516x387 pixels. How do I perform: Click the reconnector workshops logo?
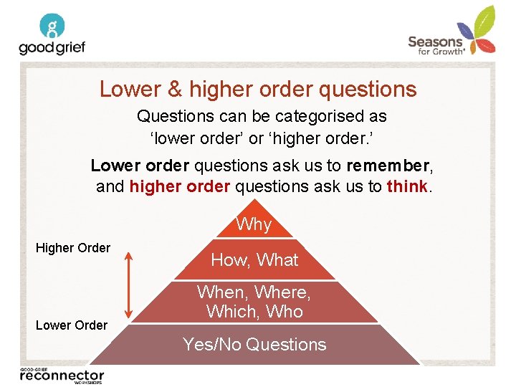[62, 375]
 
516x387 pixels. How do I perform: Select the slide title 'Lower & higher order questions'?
[258, 89]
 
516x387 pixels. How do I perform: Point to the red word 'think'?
[407, 186]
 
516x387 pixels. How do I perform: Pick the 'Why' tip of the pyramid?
[254, 224]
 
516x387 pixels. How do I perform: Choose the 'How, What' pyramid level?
[254, 259]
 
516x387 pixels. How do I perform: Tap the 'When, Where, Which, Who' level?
[254, 302]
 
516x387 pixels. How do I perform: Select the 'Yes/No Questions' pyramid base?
[254, 345]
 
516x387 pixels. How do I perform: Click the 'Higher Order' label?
[73, 248]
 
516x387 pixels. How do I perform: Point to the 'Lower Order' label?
[72, 325]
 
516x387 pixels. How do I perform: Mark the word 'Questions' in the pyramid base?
[285, 345]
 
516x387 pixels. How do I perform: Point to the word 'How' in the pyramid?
[229, 259]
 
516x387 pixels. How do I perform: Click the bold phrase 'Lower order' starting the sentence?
[140, 166]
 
